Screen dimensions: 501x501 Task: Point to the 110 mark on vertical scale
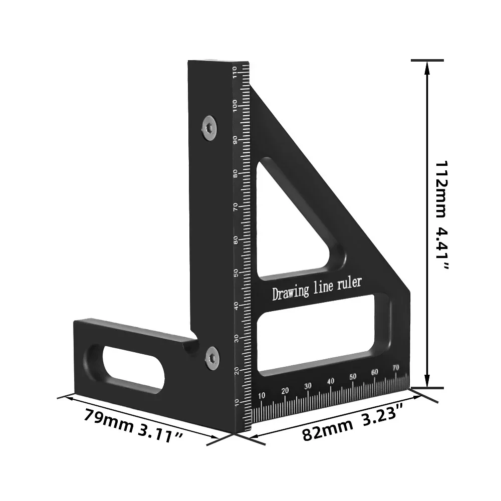pos(234,73)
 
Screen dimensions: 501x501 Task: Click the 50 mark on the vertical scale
pos(235,273)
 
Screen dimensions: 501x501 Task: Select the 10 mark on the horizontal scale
pos(262,396)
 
